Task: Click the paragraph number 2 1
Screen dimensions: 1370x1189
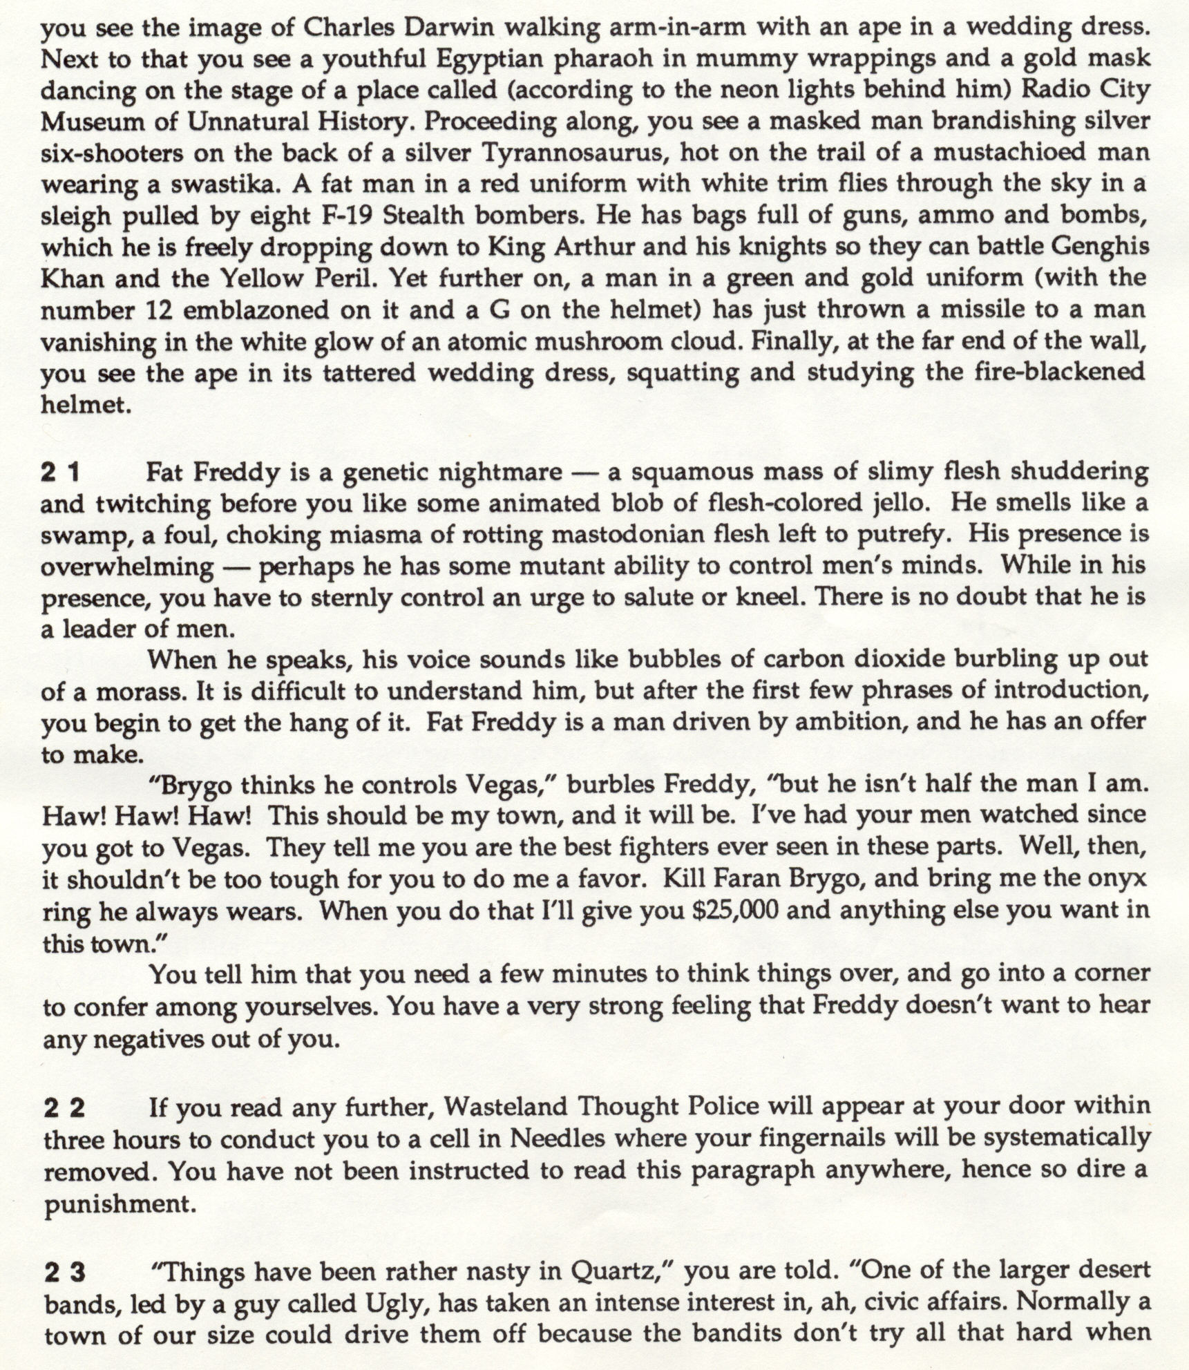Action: coord(61,473)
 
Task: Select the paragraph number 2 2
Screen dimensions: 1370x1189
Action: coord(64,1108)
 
